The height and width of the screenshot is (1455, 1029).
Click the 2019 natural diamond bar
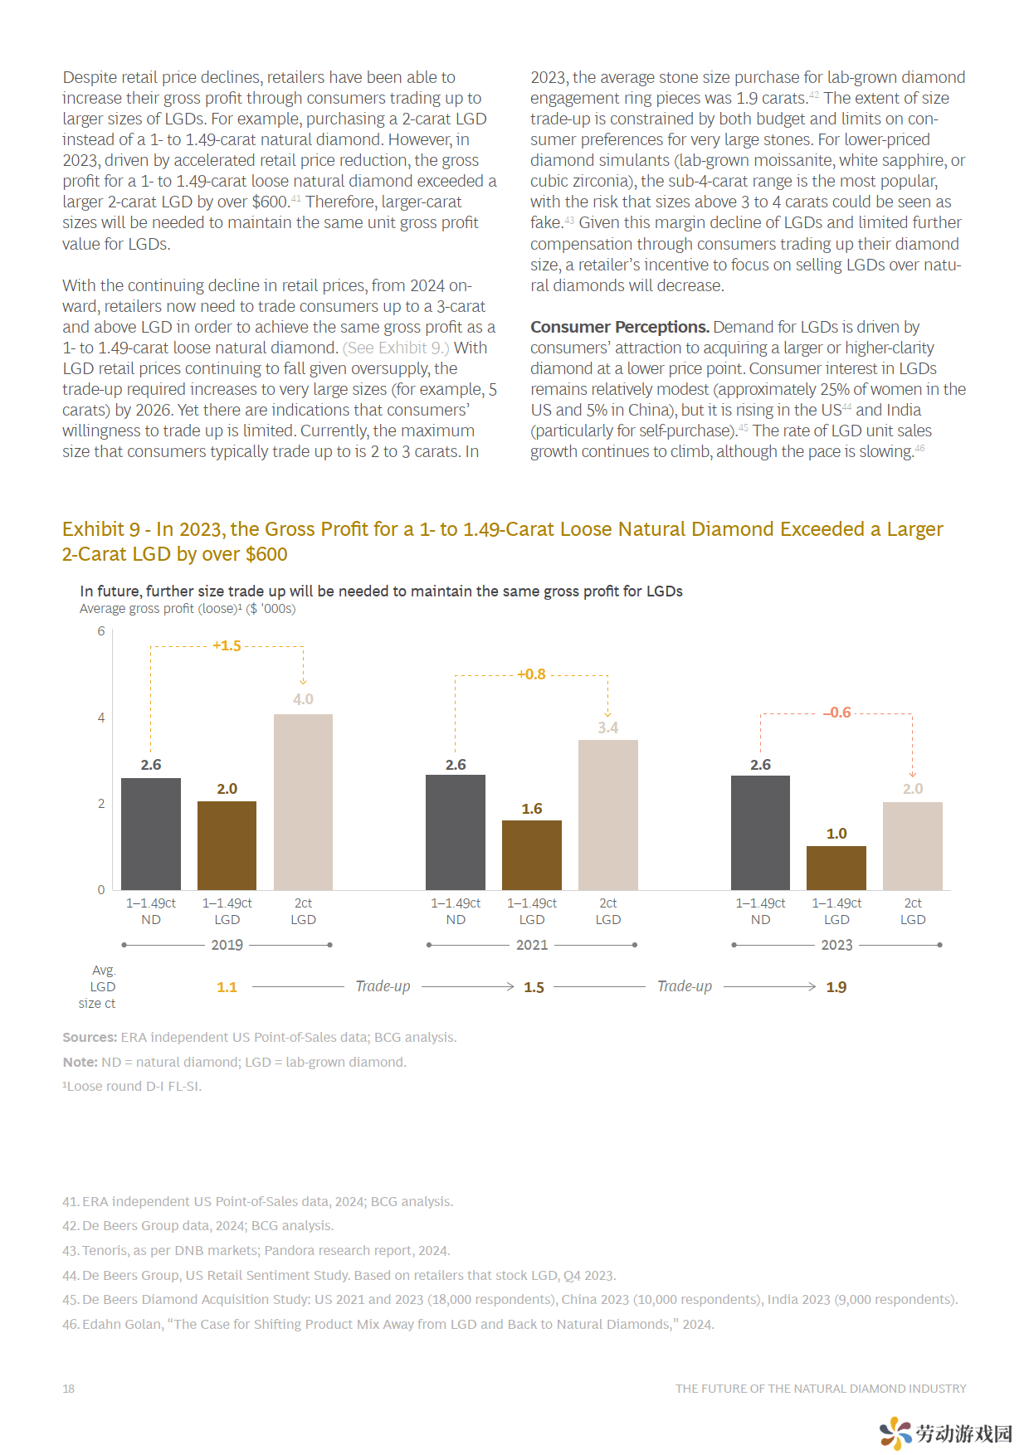(x=151, y=834)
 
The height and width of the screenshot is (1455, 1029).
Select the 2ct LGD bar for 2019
(x=303, y=802)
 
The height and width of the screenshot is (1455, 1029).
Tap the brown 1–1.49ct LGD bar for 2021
(x=532, y=855)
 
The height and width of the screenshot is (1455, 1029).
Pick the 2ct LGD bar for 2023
(x=913, y=846)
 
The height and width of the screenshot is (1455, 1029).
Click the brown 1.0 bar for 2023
(x=836, y=868)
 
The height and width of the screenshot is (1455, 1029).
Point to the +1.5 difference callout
(x=227, y=645)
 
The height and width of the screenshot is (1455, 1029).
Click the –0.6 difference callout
(x=837, y=713)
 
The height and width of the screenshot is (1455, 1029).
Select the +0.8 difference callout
(x=531, y=674)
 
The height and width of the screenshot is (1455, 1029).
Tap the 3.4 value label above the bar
(x=608, y=727)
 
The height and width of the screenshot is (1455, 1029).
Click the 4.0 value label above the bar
(x=303, y=699)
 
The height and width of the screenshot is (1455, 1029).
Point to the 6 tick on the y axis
(x=101, y=631)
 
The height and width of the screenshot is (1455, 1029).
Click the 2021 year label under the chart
(x=532, y=945)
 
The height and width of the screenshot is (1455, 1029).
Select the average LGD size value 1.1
(x=227, y=987)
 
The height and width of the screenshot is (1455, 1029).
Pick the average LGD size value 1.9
(x=836, y=987)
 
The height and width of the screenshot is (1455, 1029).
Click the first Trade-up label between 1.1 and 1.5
(x=383, y=986)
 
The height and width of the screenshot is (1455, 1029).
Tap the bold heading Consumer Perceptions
(x=620, y=327)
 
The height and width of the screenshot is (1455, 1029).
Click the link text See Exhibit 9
(x=396, y=348)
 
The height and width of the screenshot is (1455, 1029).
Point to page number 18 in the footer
(x=68, y=1389)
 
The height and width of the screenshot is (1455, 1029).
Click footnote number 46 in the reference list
(x=71, y=1325)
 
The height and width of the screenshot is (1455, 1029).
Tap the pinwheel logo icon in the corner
(x=896, y=1433)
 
